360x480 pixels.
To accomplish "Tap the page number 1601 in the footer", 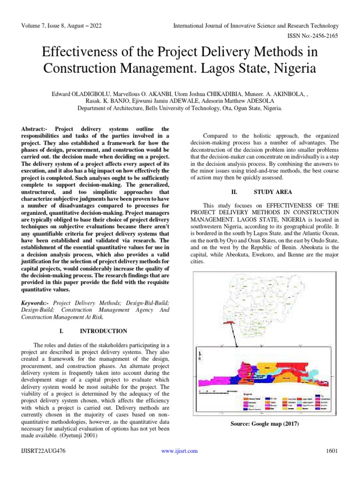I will pos(331,451).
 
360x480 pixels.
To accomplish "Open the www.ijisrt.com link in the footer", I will pos(180,451).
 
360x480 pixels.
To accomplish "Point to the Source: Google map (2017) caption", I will pos(264,424).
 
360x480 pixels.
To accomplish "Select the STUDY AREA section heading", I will pos(272,192).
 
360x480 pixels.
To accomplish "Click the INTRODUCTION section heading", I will pos(104,331).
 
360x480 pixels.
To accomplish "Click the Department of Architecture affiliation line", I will pos(180,108).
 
